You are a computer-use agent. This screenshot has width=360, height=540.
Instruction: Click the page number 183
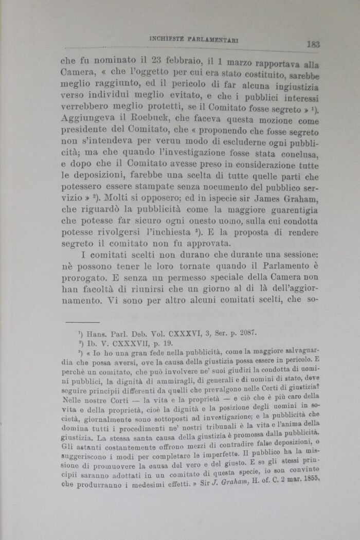[x=313, y=44]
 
